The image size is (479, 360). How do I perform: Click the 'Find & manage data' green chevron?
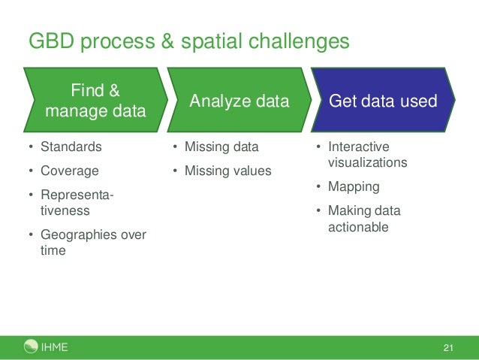95,101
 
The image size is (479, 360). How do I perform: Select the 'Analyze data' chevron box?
239,101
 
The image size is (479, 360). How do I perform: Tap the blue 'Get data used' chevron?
383,101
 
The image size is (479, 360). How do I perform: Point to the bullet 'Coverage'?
68,171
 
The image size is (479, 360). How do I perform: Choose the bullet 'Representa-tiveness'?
76,203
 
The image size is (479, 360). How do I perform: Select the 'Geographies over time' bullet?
92,243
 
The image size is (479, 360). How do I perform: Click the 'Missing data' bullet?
221,147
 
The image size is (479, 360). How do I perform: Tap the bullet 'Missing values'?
227,171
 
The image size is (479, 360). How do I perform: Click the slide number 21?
449,347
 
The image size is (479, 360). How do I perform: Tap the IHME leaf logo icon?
31,346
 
